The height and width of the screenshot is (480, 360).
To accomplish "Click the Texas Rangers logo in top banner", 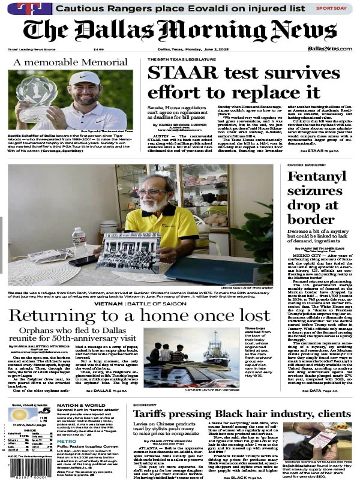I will coord(34,8).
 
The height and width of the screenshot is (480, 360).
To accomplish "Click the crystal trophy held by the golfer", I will coord(37,97).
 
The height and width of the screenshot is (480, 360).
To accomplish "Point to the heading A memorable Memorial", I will coord(70,62).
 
